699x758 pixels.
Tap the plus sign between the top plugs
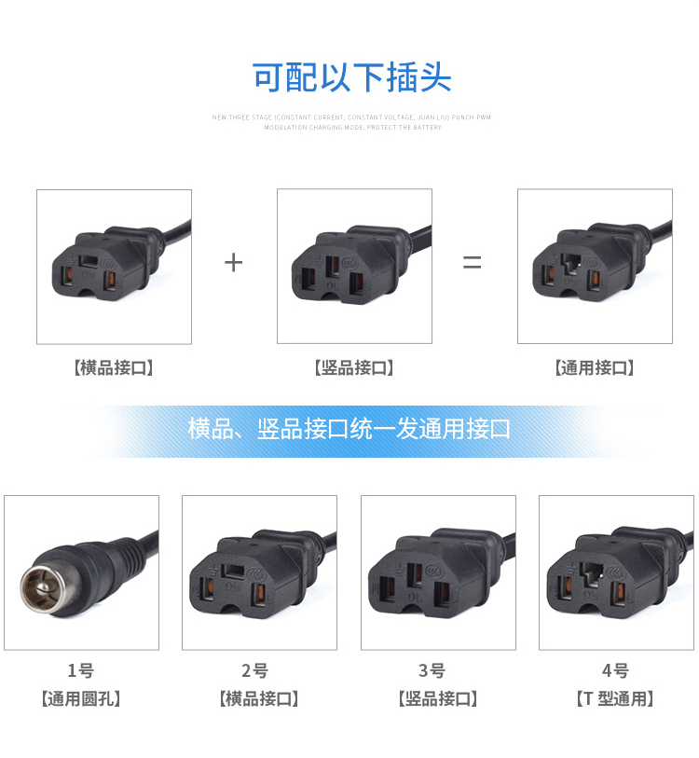pyautogui.click(x=233, y=262)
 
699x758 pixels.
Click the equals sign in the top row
pyautogui.click(x=473, y=263)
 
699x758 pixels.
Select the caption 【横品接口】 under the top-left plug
pyautogui.click(x=114, y=367)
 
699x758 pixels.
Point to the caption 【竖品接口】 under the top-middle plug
pyautogui.click(x=354, y=367)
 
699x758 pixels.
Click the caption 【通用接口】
pyautogui.click(x=595, y=367)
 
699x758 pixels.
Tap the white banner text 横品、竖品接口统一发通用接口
pyautogui.click(x=349, y=429)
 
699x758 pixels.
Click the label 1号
pyautogui.click(x=81, y=670)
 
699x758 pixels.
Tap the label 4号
pyautogui.click(x=615, y=670)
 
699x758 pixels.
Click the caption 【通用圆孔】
pyautogui.click(x=81, y=698)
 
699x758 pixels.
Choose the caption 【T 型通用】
pyautogui.click(x=615, y=698)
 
